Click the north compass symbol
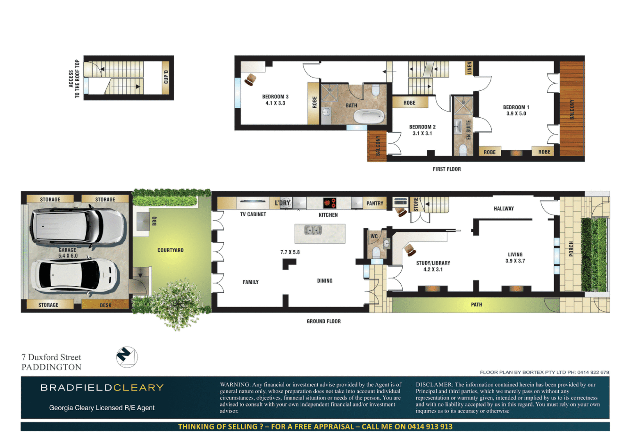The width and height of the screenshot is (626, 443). (x=127, y=357)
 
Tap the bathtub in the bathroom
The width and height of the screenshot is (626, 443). (x=369, y=116)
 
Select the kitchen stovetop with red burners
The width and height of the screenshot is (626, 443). (x=329, y=203)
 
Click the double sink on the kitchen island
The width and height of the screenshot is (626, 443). (x=313, y=230)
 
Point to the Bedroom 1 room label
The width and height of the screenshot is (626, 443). (x=516, y=107)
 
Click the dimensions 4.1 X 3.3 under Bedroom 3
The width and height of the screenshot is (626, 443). (x=275, y=103)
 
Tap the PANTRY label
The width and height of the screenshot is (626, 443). (x=375, y=203)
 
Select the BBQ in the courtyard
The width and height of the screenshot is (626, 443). (x=143, y=221)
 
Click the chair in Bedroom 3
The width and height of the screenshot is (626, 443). (x=250, y=79)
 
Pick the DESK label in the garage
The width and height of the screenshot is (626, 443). (x=105, y=305)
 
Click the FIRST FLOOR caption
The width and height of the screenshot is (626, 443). (x=447, y=169)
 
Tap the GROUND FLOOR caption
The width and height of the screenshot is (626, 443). (x=323, y=322)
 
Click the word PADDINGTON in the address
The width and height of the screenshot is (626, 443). (x=51, y=367)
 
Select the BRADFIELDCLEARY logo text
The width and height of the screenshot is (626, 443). (x=102, y=388)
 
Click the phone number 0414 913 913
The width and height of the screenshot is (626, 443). (x=430, y=427)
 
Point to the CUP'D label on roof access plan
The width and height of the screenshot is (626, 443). (x=166, y=77)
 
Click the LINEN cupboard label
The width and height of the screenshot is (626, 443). (x=470, y=68)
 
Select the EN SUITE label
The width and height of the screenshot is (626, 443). (x=468, y=130)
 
